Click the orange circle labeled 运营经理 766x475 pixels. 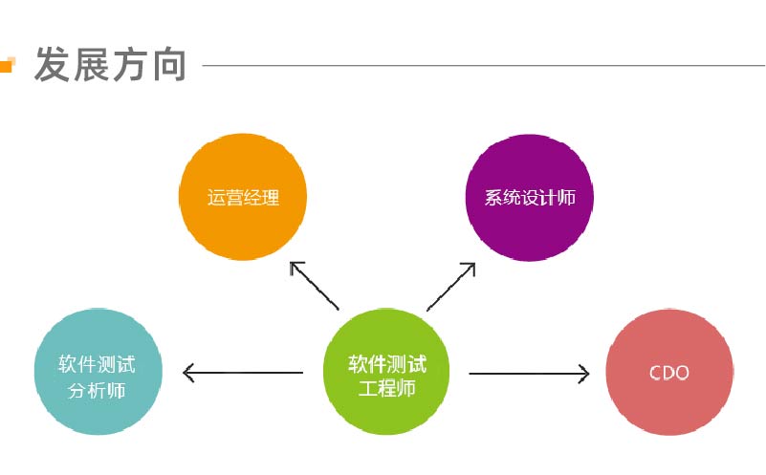pos(243,197)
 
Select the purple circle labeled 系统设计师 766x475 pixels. pos(530,198)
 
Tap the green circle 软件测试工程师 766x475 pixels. pos(386,372)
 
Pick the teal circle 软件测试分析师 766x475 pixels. pos(98,372)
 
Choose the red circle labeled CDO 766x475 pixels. pos(669,372)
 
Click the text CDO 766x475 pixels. pos(669,373)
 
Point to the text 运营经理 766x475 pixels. pos(243,198)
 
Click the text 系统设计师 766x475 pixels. pos(530,198)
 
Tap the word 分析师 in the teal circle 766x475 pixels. pos(97,391)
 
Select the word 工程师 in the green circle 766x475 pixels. pos(387,389)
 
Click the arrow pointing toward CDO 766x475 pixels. pos(529,374)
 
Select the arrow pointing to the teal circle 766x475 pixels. pos(243,373)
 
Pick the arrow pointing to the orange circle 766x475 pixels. pos(314,286)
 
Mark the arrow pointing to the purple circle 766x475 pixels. pos(451,287)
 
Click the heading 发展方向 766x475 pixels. pos(110,64)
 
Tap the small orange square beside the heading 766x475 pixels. pos(8,64)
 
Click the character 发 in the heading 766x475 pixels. pos(52,64)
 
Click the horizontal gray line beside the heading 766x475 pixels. pos(484,65)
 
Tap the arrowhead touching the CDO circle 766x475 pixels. pos(584,374)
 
